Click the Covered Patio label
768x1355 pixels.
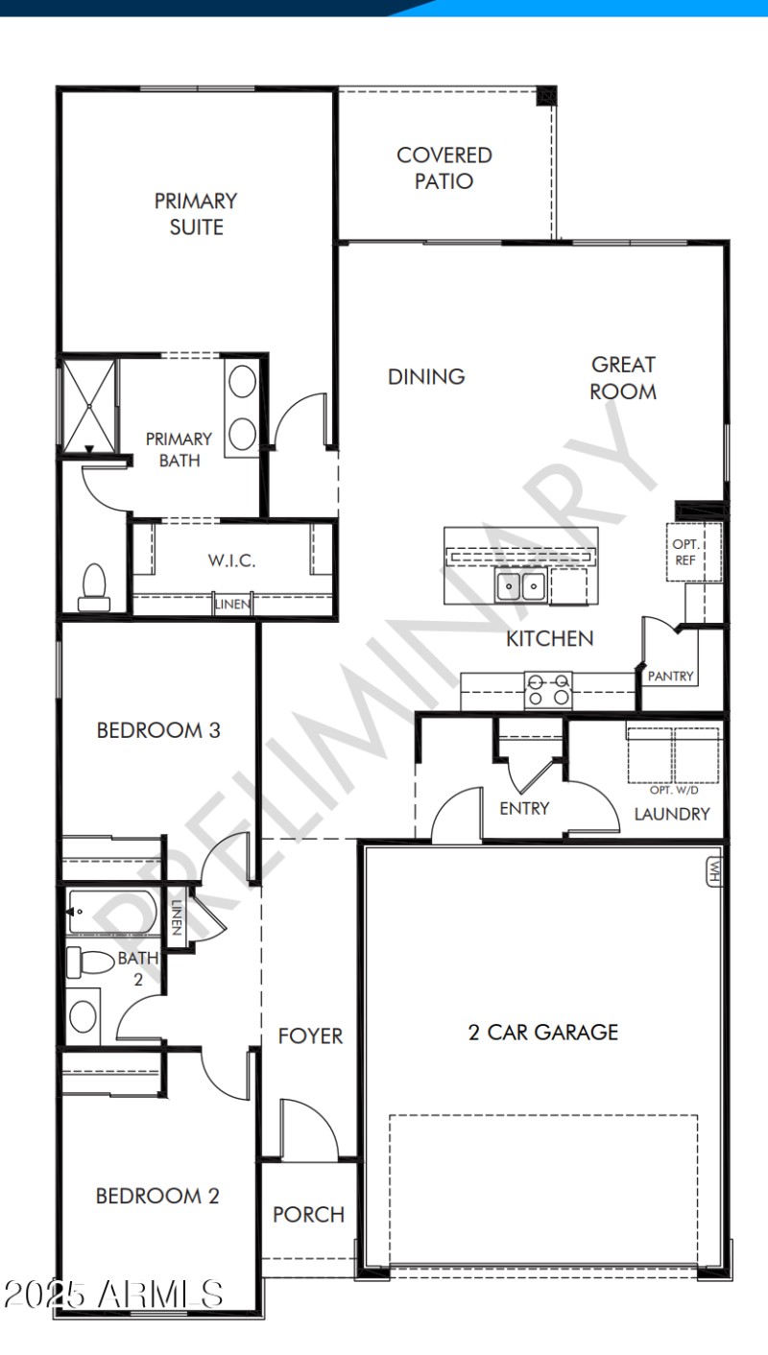[x=444, y=168]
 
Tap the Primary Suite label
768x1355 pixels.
[x=196, y=214]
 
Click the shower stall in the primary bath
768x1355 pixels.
[x=89, y=404]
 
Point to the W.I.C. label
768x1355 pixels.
[x=232, y=560]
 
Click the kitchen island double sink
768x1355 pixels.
[x=521, y=585]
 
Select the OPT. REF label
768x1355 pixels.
[x=684, y=552]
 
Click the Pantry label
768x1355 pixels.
[x=670, y=677]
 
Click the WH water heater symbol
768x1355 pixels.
[x=714, y=871]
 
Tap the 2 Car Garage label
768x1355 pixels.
[x=543, y=1033]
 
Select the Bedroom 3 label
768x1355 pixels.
[x=158, y=730]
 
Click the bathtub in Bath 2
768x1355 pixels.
[x=111, y=912]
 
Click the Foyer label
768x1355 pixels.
[x=310, y=1036]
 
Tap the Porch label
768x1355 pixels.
[x=308, y=1214]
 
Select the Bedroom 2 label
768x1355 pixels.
[x=157, y=1196]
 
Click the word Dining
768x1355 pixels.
[x=426, y=377]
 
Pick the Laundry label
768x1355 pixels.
[x=672, y=814]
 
